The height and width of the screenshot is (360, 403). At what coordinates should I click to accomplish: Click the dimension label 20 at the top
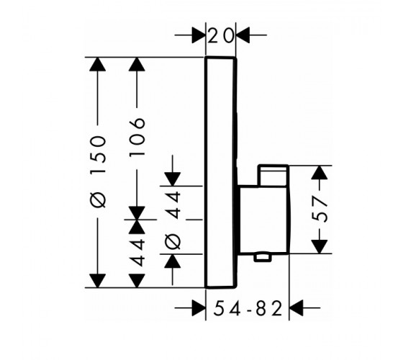point(221,35)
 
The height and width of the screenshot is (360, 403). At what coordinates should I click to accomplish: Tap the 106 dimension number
point(137,137)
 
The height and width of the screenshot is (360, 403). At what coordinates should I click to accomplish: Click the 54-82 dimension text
point(248,308)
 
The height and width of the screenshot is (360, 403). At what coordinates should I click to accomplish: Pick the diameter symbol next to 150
point(98,199)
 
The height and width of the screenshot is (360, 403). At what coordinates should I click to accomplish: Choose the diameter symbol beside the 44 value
point(173,242)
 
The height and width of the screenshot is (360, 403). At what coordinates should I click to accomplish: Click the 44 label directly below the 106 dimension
point(137,253)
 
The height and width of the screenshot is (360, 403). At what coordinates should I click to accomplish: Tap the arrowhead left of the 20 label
point(199,35)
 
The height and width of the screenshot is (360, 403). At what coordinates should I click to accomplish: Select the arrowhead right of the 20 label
point(243,35)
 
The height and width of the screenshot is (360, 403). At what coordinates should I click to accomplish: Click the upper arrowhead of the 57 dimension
point(320,173)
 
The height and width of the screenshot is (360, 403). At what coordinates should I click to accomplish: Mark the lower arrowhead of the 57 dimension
point(320,246)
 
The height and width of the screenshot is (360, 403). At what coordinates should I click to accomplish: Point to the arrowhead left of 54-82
point(199,307)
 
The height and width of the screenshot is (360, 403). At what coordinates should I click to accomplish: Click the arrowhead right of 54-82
point(296,307)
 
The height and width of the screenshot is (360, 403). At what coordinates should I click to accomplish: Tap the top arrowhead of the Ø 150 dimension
point(98,64)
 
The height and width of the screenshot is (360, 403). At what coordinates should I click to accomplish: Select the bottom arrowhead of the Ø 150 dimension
point(98,281)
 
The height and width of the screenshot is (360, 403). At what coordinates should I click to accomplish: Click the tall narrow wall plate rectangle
point(221,172)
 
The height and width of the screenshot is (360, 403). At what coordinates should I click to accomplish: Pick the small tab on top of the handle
point(273,175)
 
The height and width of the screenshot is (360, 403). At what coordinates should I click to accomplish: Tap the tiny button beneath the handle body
point(263,258)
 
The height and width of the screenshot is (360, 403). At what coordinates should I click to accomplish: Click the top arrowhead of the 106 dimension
point(137,64)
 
